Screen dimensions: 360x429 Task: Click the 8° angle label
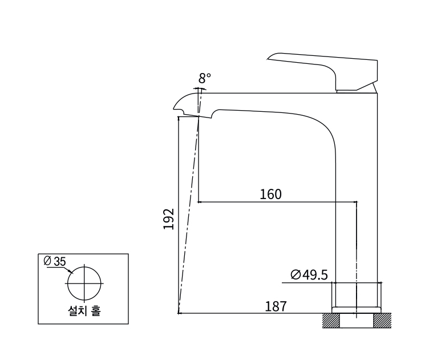(x=205, y=78)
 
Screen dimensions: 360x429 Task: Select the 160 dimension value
(x=270, y=194)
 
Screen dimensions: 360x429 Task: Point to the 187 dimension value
(x=276, y=306)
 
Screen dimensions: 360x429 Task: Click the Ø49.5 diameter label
(x=309, y=275)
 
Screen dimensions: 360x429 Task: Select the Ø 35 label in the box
(x=55, y=261)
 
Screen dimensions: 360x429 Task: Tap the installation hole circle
(x=84, y=282)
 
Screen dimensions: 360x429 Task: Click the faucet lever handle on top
(x=325, y=67)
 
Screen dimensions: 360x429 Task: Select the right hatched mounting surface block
(x=383, y=320)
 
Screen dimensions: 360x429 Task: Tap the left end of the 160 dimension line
(x=199, y=201)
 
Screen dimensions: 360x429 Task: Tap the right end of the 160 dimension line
(x=357, y=201)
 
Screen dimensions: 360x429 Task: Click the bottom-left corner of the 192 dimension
(x=179, y=313)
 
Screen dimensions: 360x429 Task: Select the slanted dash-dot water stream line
(x=188, y=217)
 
